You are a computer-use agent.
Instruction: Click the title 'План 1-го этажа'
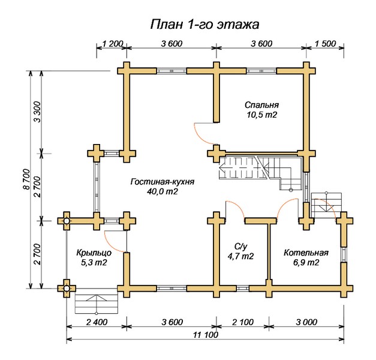coord(203,25)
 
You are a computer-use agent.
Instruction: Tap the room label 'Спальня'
coord(261,104)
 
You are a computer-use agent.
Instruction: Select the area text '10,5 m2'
coord(261,114)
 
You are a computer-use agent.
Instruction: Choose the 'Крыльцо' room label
coord(94,253)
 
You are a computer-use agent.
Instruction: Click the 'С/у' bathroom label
coord(240,246)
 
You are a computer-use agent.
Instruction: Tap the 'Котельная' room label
coord(306,253)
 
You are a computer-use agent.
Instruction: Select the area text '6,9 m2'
coord(306,263)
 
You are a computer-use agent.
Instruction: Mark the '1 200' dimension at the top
coord(113,43)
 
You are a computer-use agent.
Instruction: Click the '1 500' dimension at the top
coord(325,43)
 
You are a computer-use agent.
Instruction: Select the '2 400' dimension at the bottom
coord(95,322)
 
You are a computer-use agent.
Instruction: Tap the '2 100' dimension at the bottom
coord(242,322)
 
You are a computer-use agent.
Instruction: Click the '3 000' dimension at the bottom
coord(306,322)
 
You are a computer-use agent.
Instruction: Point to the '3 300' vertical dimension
coord(37,112)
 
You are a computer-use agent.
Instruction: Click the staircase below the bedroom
coord(258,169)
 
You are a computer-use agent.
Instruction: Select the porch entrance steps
coord(94,302)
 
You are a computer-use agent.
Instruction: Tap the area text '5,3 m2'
coord(94,263)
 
